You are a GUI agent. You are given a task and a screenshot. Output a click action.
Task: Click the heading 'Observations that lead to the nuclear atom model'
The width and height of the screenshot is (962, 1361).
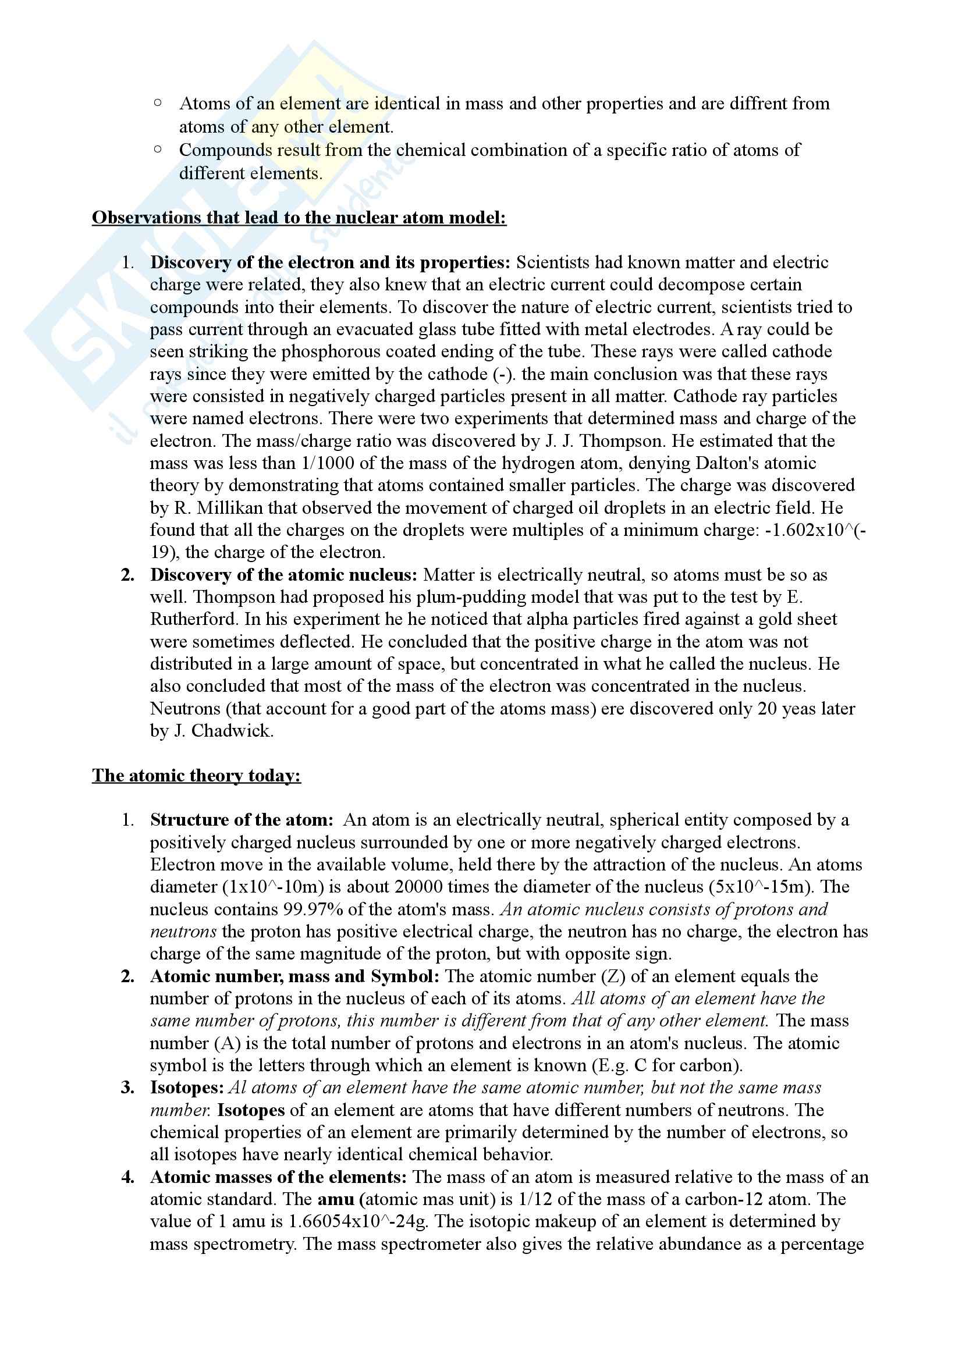tap(299, 218)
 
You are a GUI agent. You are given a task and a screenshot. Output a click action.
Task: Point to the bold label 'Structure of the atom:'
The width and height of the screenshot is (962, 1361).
tap(242, 820)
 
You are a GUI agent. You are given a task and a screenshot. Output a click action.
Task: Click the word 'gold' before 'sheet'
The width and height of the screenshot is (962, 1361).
tap(769, 619)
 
